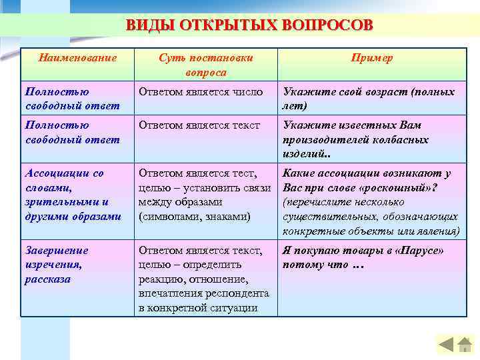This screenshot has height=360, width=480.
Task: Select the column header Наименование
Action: point(77,58)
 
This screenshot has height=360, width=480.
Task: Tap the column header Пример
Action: point(371,58)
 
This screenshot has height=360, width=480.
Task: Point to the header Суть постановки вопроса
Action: point(206,65)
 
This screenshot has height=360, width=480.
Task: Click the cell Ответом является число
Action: point(201,92)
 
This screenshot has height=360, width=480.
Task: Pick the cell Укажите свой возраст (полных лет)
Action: point(369,99)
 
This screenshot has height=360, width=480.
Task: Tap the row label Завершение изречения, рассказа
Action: point(57,265)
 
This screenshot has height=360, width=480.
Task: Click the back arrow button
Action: point(446,345)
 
